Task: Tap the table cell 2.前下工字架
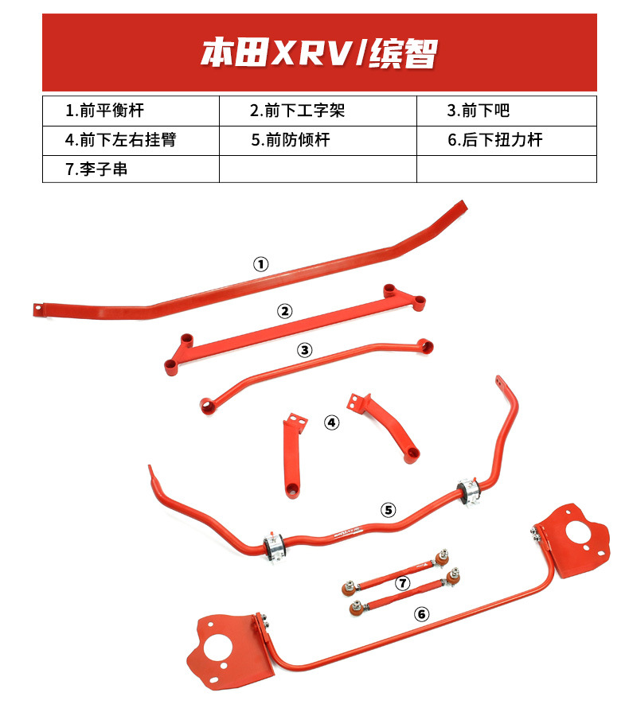tap(297, 111)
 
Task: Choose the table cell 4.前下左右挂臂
tap(120, 140)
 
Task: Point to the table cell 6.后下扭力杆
tap(494, 140)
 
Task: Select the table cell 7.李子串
tap(96, 169)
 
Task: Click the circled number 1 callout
tap(260, 264)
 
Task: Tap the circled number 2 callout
tap(284, 311)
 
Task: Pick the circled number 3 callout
tap(305, 350)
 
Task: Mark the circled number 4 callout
tap(331, 422)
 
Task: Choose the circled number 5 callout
tap(388, 509)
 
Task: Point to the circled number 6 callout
tap(421, 613)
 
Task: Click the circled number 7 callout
tap(403, 583)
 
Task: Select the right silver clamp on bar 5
tap(470, 492)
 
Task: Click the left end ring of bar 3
tap(207, 406)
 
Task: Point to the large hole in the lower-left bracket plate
tap(216, 648)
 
